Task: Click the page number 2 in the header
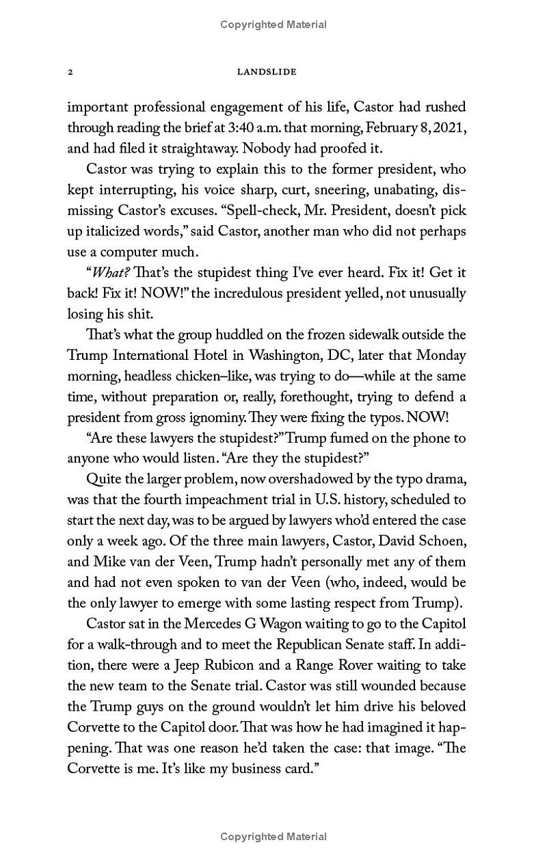coord(70,72)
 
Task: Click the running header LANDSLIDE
coord(266,72)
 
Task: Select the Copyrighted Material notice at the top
coord(273,25)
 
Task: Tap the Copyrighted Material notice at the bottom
coord(273,836)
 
